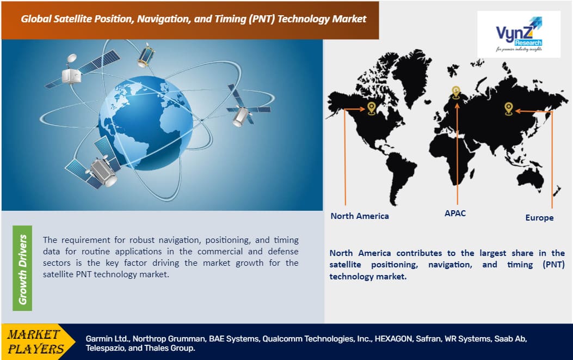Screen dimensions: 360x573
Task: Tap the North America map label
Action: (x=360, y=216)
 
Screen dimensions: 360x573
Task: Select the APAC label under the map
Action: (x=455, y=213)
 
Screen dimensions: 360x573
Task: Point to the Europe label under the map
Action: (x=539, y=218)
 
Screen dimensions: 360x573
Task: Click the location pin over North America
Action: (x=372, y=108)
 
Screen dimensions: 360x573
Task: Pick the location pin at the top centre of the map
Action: (x=456, y=93)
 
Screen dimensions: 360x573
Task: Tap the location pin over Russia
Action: (x=509, y=108)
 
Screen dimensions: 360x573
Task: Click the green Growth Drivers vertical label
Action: (x=22, y=268)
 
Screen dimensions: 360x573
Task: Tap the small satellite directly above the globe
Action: (x=145, y=55)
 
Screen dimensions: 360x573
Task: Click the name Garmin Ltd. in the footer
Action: (x=107, y=338)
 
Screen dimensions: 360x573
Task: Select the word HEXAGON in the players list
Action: (x=392, y=338)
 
